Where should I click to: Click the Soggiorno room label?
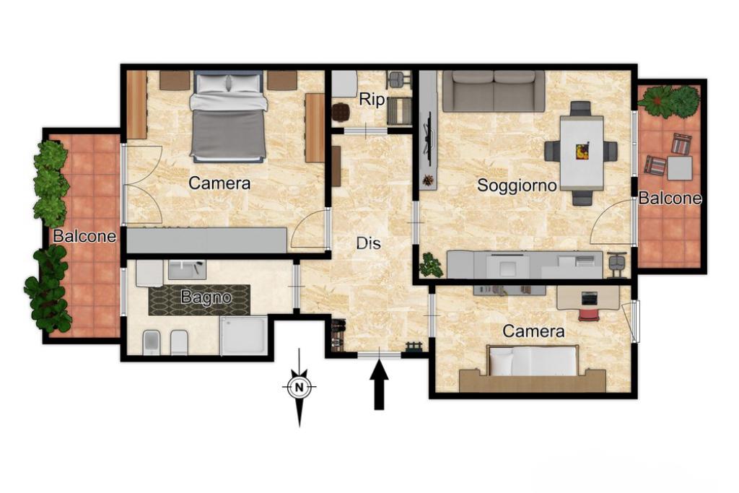517,186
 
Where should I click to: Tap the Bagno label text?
206,297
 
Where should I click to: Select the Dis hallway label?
368,243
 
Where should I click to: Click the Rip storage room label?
372,100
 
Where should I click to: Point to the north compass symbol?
299,388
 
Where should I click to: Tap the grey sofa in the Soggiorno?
494,91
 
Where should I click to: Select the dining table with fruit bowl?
582,153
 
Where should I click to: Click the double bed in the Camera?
229,116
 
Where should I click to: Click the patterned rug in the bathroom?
199,300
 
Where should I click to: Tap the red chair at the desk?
587,314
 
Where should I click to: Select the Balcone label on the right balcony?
670,198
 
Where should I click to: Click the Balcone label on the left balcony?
84,235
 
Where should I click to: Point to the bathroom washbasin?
187,269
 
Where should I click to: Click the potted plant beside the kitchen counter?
431,265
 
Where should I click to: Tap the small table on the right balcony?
680,168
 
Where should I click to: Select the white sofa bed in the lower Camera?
533,361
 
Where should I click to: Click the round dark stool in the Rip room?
341,112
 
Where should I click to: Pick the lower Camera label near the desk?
533,331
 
